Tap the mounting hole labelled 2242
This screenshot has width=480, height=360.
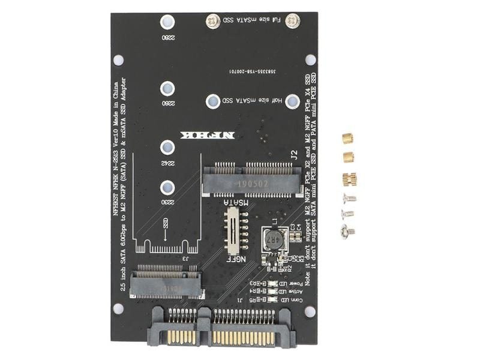167,147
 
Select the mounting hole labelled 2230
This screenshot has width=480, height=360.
167,187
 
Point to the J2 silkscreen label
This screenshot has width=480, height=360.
294,154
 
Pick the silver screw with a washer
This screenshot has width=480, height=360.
347,230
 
